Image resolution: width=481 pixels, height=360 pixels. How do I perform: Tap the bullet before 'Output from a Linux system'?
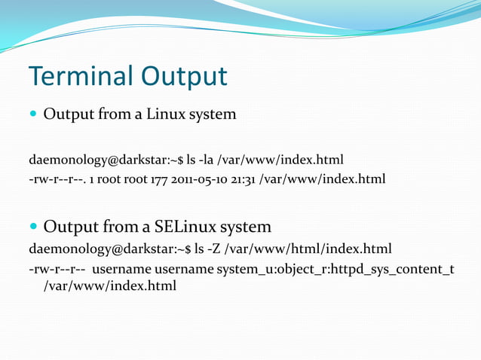(x=33, y=114)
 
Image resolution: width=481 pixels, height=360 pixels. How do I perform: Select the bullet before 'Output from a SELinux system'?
(x=33, y=226)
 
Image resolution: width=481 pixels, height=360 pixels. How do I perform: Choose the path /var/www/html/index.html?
(x=309, y=249)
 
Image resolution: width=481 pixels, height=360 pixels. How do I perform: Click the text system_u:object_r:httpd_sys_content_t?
(x=335, y=269)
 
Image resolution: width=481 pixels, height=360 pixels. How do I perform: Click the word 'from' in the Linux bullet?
(x=109, y=114)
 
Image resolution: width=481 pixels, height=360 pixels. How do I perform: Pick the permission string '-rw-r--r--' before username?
(x=55, y=269)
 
